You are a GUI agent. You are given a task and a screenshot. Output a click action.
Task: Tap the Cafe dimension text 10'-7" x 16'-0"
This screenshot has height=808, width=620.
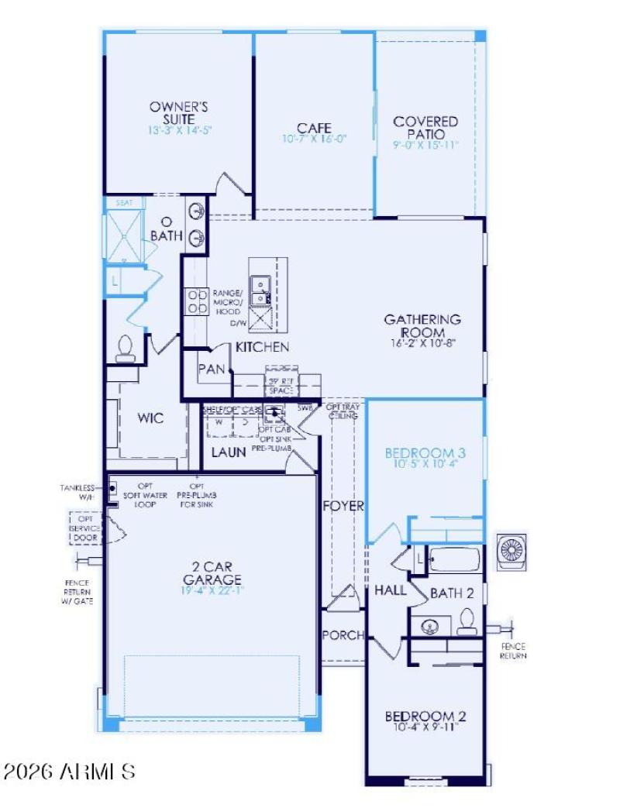click(314, 139)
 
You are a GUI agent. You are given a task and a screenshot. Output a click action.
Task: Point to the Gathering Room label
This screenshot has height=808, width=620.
click(423, 325)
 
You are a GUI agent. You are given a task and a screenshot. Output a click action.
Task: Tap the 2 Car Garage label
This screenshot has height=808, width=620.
click(212, 572)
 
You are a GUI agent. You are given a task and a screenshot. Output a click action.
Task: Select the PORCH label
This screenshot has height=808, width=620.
click(343, 635)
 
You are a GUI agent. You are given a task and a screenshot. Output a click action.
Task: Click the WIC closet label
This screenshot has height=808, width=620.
click(150, 418)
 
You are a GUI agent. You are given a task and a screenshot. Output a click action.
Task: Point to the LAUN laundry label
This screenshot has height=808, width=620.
click(229, 452)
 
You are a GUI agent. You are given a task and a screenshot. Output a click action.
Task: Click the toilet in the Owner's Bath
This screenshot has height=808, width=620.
click(125, 349)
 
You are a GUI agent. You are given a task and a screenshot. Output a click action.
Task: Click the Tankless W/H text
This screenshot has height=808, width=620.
click(77, 492)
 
